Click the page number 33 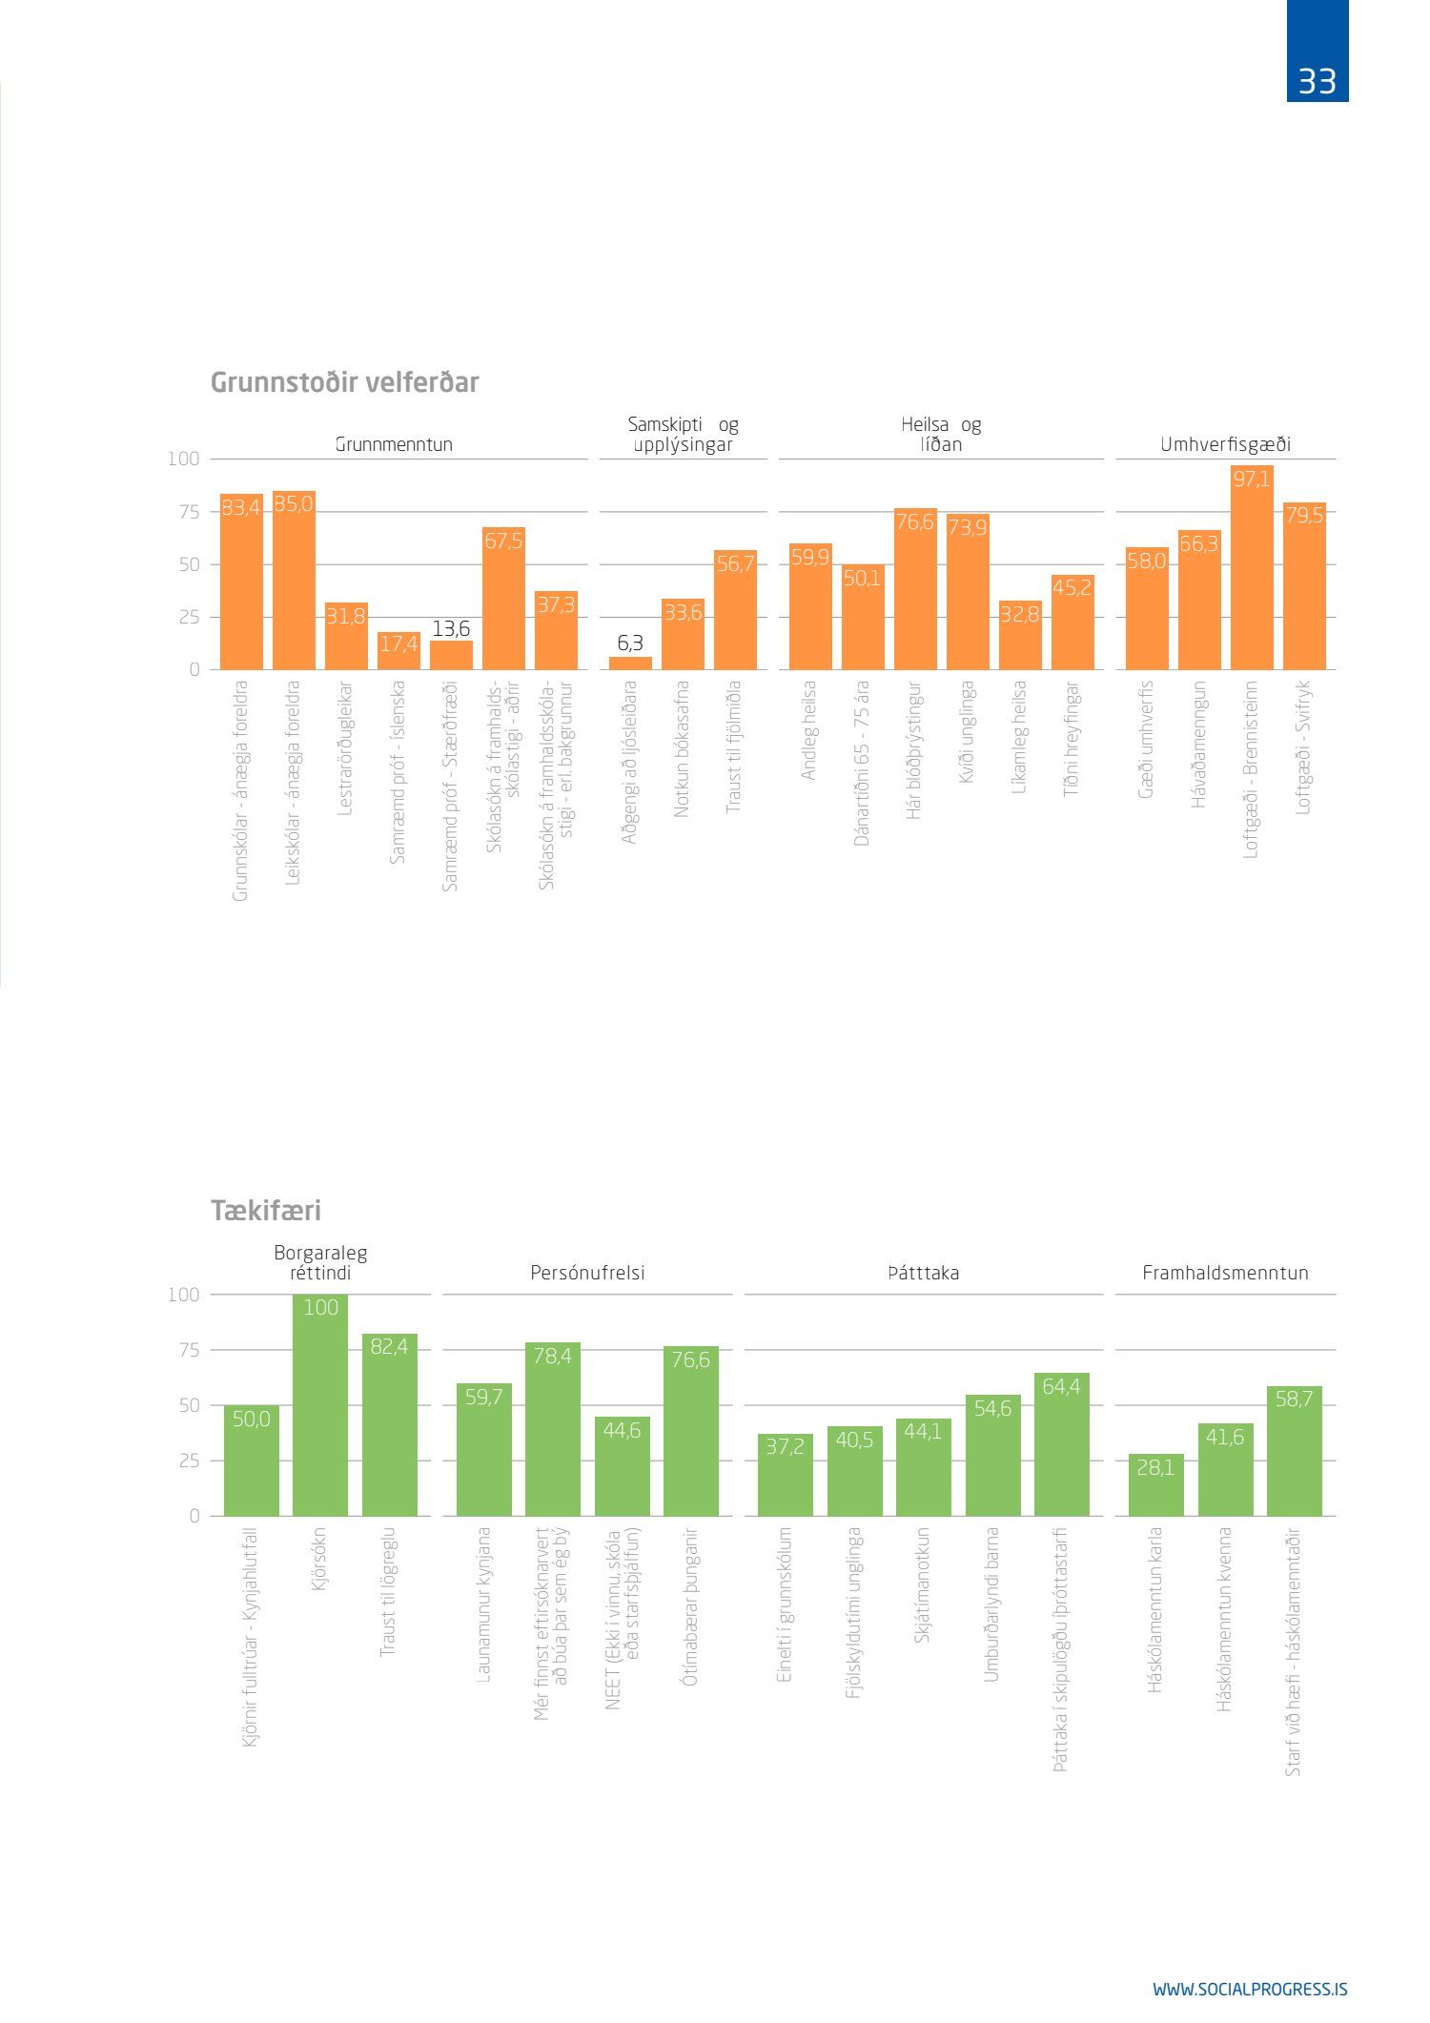coord(1317,82)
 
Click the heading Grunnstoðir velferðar coord(344,382)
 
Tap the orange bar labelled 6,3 coord(630,663)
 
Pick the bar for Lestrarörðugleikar coord(346,636)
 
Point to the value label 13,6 coord(451,629)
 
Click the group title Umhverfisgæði coord(1225,444)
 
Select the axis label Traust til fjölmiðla coord(733,746)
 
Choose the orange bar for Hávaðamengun coord(1199,601)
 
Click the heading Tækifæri coord(266,1211)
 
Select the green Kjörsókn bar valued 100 coord(320,1405)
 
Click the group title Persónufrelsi coord(587,1273)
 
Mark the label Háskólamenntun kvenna coord(1225,1619)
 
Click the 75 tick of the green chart coord(189,1350)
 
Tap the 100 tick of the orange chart coord(183,459)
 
